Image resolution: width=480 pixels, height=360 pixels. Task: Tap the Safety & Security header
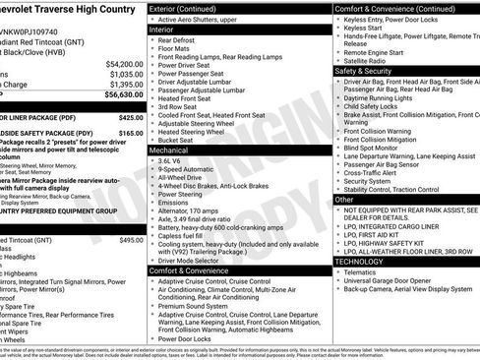[x=365, y=71]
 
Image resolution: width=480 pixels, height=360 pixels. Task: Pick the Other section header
[x=344, y=199]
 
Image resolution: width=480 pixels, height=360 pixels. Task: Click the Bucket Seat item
[x=178, y=139]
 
